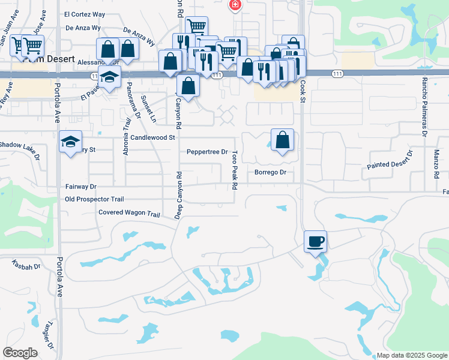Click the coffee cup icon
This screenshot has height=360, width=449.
[316, 242]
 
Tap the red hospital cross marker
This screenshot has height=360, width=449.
[235, 5]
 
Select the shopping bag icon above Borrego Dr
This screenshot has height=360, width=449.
[282, 140]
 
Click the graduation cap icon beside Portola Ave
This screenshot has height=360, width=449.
[70, 142]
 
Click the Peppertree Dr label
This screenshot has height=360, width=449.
[207, 152]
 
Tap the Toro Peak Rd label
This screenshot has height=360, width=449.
[234, 170]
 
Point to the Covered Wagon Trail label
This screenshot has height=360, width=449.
[129, 213]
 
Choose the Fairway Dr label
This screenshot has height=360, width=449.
[81, 187]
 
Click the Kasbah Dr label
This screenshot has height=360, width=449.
[26, 265]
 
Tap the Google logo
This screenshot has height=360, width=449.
[19, 353]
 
